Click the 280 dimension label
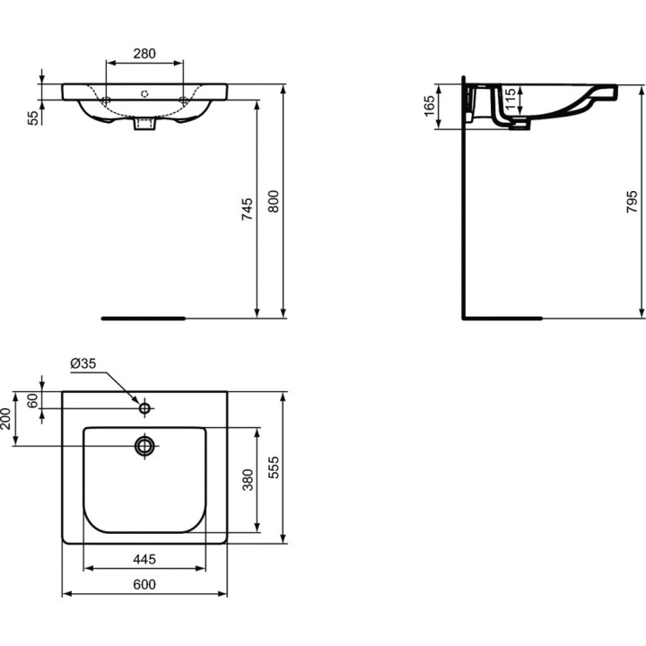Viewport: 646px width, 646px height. pyautogui.click(x=144, y=54)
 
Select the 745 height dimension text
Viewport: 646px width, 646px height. pyautogui.click(x=248, y=207)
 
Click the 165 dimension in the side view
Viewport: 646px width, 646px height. pyautogui.click(x=428, y=107)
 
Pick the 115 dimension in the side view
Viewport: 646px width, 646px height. pyautogui.click(x=510, y=99)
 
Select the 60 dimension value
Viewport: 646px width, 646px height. pyautogui.click(x=33, y=400)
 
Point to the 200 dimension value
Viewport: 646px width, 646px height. pyautogui.click(x=6, y=418)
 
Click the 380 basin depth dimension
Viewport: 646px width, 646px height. pyautogui.click(x=248, y=480)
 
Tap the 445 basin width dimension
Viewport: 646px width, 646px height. pyautogui.click(x=144, y=559)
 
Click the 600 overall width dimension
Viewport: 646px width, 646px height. pyautogui.click(x=144, y=584)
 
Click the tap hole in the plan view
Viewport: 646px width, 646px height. pyautogui.click(x=144, y=408)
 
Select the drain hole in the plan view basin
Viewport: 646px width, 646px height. pyautogui.click(x=144, y=445)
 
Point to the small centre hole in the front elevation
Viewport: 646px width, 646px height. pyautogui.click(x=144, y=93)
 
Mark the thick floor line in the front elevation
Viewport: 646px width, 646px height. pyautogui.click(x=144, y=318)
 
